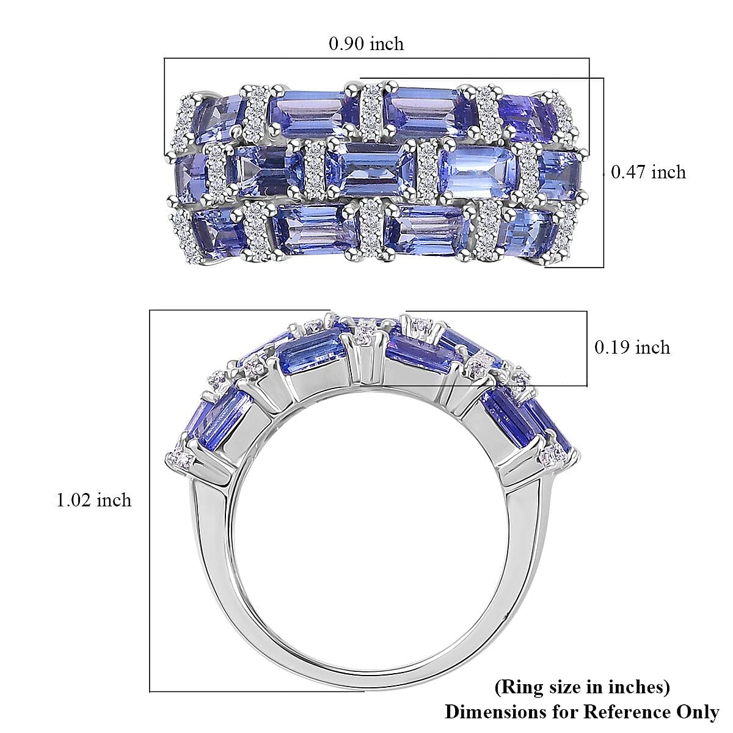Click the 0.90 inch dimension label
click(366, 43)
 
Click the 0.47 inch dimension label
click(648, 172)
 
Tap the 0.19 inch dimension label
click(632, 348)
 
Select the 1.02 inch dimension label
click(93, 500)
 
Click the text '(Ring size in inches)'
click(582, 687)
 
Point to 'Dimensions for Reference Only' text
click(582, 712)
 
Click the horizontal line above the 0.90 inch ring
click(376, 59)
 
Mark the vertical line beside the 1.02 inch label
click(150, 501)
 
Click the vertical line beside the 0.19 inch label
click(587, 348)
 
